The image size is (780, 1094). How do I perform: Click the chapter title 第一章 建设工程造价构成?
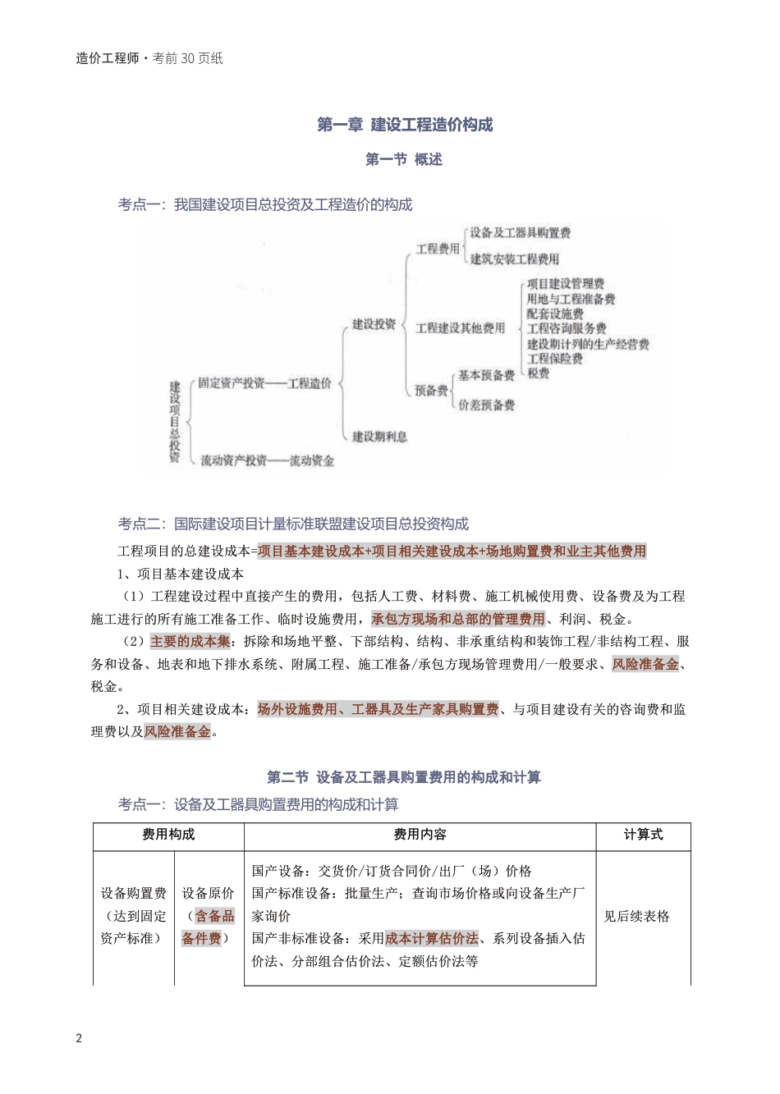[x=405, y=125]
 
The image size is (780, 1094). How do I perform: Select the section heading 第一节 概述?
[x=404, y=160]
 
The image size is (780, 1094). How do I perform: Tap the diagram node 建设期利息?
[x=380, y=437]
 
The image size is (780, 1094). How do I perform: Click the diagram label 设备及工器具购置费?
[x=520, y=233]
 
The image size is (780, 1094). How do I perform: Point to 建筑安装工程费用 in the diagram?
[x=514, y=259]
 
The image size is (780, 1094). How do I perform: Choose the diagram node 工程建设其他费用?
[x=460, y=328]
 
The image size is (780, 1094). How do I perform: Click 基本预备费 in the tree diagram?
[x=486, y=376]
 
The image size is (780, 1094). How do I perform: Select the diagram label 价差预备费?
[x=486, y=405]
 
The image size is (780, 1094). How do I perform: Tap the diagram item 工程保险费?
[x=554, y=359]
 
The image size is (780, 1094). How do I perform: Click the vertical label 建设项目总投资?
[x=175, y=422]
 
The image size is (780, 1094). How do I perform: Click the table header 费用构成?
[x=168, y=835]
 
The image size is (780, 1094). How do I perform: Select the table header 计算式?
[x=643, y=835]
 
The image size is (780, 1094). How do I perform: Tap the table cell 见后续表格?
[x=636, y=916]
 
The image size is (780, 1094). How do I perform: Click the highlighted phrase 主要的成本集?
[x=190, y=641]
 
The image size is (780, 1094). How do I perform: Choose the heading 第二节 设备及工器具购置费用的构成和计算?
[x=404, y=776]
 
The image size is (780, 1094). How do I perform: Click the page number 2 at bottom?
[x=79, y=1038]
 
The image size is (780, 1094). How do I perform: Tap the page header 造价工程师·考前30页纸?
[x=149, y=58]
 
